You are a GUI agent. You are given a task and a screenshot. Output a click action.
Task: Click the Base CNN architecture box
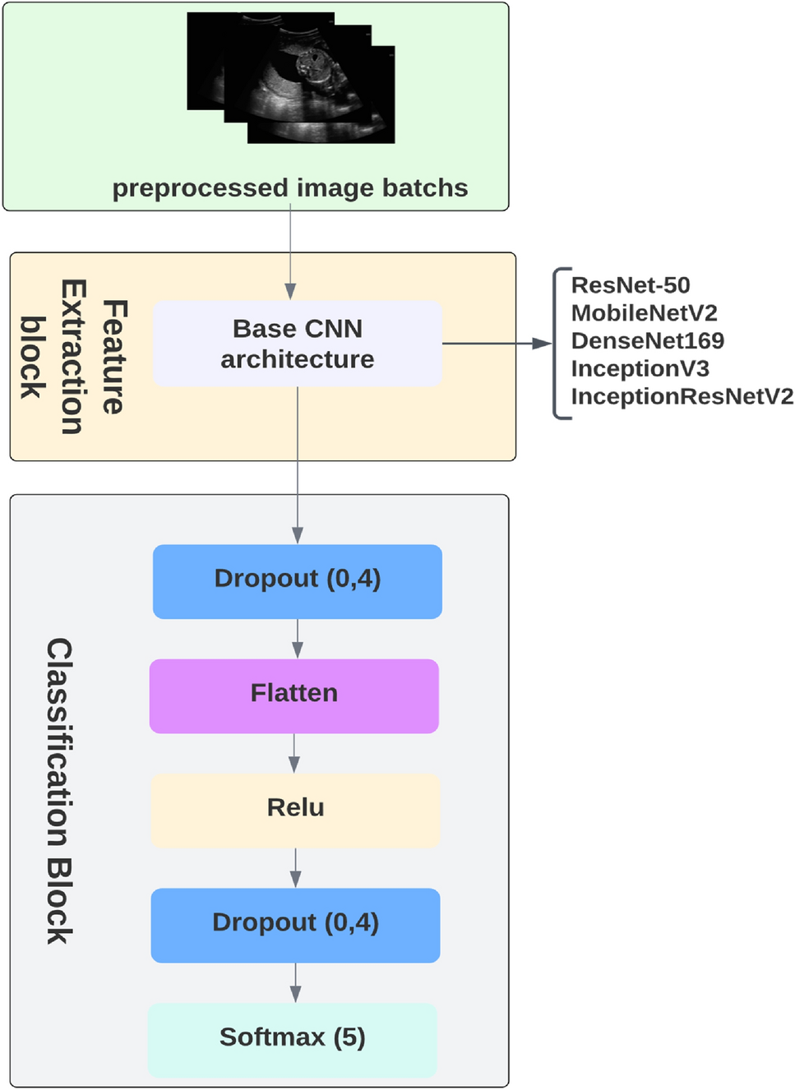click(297, 344)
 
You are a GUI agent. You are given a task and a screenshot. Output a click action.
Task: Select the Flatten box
click(294, 695)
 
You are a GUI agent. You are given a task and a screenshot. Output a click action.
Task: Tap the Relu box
click(295, 810)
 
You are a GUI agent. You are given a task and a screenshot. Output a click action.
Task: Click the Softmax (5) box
click(292, 1039)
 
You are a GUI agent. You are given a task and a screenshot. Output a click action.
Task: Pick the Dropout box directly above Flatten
click(297, 581)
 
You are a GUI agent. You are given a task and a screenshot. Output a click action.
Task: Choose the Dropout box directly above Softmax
click(295, 925)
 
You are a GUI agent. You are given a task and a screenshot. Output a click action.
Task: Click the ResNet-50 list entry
click(631, 285)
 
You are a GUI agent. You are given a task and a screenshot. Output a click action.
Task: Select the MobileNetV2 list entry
click(644, 313)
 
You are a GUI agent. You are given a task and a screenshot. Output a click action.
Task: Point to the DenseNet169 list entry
click(647, 341)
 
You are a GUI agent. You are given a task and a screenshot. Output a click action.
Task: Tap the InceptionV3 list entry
click(640, 369)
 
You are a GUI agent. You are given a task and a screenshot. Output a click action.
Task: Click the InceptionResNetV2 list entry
click(682, 397)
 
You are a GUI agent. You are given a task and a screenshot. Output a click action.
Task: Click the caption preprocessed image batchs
click(290, 188)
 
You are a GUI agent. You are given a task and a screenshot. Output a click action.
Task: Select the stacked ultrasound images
click(291, 77)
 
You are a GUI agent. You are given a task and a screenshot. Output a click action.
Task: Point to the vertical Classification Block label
click(59, 790)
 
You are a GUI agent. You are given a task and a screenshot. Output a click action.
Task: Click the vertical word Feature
click(114, 357)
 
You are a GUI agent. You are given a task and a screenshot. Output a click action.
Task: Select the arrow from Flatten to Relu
click(294, 753)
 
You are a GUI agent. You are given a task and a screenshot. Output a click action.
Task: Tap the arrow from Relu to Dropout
click(295, 867)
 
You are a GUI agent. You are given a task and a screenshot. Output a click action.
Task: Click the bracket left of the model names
click(560, 344)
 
